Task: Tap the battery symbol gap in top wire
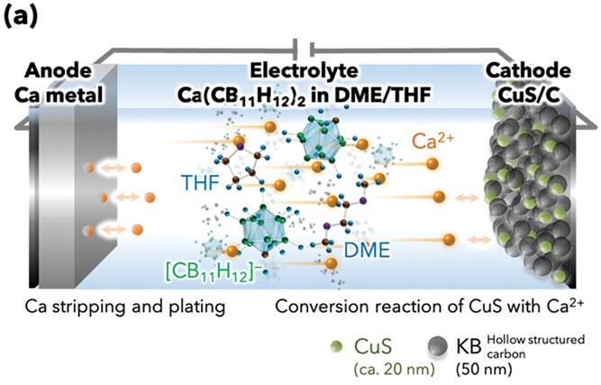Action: click(x=300, y=47)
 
